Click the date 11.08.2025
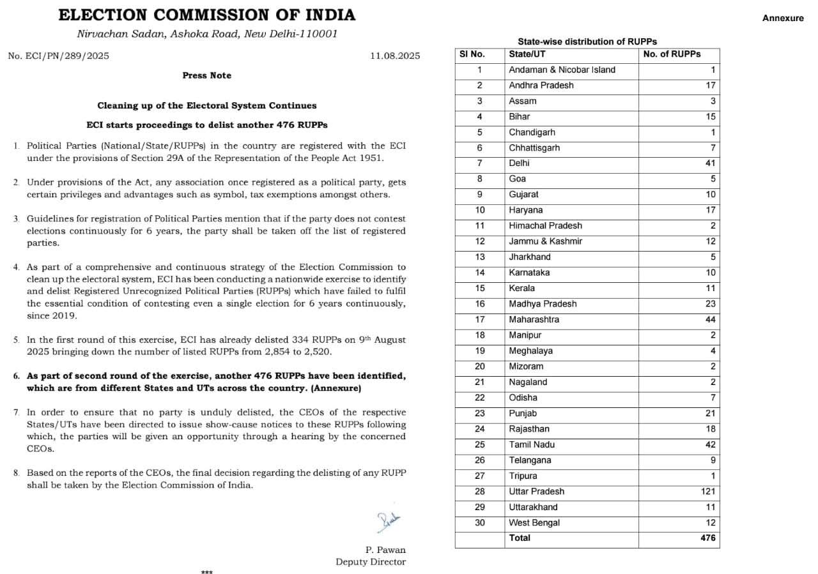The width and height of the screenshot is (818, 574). (x=395, y=56)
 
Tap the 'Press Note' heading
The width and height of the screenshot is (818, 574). (x=206, y=75)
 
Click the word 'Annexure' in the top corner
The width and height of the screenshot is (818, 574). (x=783, y=19)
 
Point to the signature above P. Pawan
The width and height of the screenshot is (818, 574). (x=388, y=522)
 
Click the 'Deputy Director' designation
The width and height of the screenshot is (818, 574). (x=371, y=562)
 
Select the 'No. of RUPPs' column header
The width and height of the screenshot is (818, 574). (x=672, y=54)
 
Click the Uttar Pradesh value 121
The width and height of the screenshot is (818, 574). (x=707, y=492)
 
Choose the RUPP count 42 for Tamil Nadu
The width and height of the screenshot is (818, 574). (x=710, y=444)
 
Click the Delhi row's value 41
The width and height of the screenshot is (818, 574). (x=710, y=163)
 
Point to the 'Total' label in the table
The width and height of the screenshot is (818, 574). (x=520, y=538)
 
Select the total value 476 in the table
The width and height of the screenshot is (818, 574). (x=707, y=538)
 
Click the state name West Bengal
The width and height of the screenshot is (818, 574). (x=534, y=522)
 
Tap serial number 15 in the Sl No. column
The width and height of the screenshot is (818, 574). (x=479, y=288)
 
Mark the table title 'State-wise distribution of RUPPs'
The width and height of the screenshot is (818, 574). (x=587, y=42)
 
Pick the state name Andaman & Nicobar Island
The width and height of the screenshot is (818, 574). (x=562, y=70)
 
